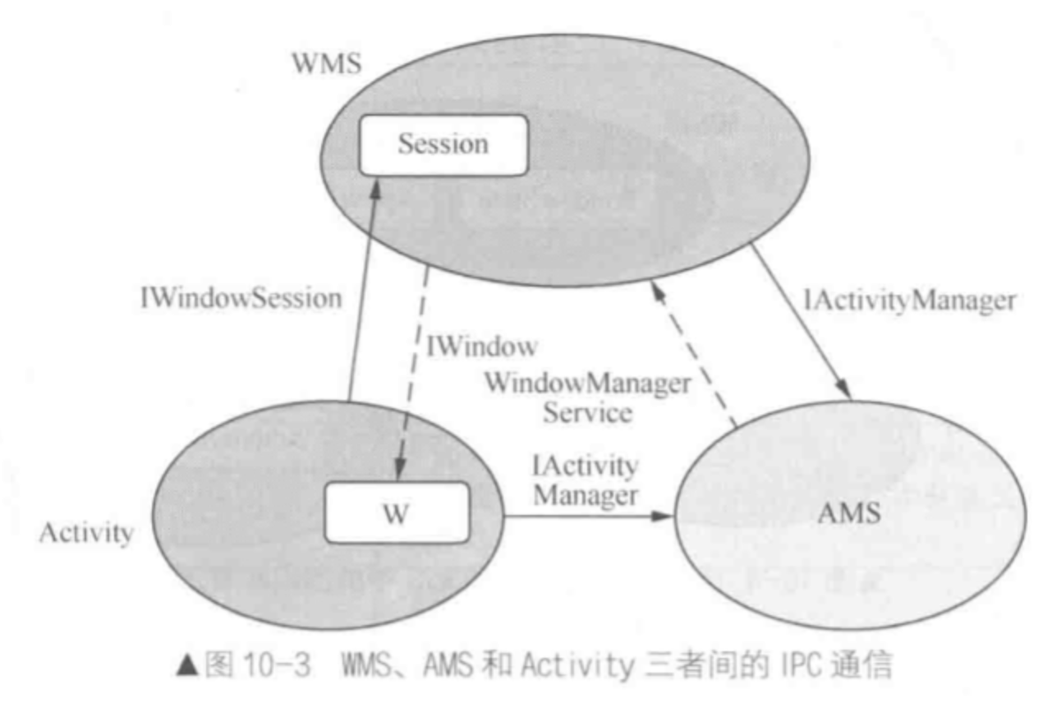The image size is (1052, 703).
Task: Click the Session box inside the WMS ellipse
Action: point(443,145)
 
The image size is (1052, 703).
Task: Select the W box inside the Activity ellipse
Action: point(397,512)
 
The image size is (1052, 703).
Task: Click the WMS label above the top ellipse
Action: point(325,65)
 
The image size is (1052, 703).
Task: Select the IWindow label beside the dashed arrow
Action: point(482,347)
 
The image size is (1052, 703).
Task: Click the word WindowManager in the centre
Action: point(587,383)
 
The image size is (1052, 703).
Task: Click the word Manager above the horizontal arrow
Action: point(586,495)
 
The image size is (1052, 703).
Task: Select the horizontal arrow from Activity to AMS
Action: point(587,517)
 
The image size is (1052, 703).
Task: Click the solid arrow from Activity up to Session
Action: point(361,296)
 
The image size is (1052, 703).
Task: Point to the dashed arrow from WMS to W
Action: point(413,370)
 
